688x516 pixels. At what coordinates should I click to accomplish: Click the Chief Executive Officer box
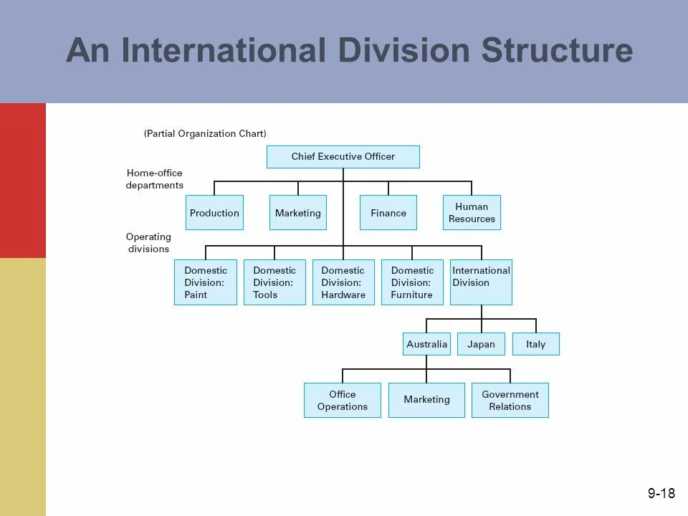[x=343, y=157]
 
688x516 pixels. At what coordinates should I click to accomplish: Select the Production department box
[x=214, y=213]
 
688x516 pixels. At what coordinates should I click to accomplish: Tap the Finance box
[x=388, y=213]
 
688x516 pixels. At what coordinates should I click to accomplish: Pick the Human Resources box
[x=472, y=213]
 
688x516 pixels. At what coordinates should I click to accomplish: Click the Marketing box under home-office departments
[x=297, y=213]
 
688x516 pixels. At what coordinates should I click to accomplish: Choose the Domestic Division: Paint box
[x=205, y=282]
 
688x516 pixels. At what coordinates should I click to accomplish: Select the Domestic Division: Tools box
[x=274, y=282]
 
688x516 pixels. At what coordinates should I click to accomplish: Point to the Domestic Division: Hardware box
[x=343, y=282]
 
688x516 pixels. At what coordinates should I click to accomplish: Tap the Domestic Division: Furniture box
[x=412, y=282]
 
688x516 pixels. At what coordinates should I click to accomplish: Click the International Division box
[x=481, y=282]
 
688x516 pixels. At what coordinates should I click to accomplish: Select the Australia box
[x=426, y=344]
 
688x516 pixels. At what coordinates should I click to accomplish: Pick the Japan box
[x=481, y=344]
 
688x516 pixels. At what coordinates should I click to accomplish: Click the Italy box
[x=535, y=344]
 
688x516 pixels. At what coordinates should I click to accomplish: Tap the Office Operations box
[x=343, y=400]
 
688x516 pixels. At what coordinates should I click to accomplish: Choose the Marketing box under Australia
[x=426, y=400]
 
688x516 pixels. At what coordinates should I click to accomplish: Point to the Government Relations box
[x=510, y=400]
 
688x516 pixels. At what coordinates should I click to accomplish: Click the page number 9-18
[x=661, y=493]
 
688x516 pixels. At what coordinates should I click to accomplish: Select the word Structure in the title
[x=557, y=51]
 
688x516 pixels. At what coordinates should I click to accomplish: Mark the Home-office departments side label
[x=155, y=179]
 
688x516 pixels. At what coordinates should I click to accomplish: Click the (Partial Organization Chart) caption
[x=205, y=133]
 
